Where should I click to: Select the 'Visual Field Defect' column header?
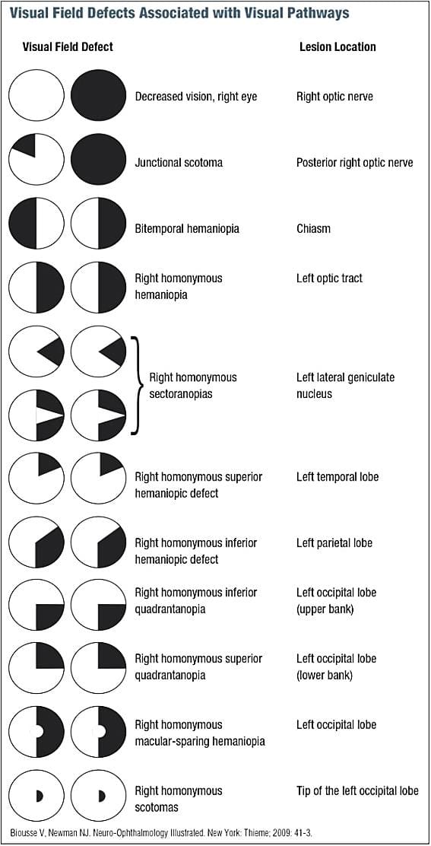[67, 46]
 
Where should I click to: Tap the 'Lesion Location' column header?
[338, 46]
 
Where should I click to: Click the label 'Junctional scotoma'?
[179, 163]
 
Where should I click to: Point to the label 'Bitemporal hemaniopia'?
[187, 229]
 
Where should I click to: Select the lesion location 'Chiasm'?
[313, 229]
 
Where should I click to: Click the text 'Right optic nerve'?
[334, 97]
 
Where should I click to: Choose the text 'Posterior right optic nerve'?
[354, 163]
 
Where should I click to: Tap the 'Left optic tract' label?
[329, 278]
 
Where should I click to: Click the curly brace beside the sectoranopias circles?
[136, 385]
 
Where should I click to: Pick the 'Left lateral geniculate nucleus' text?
[345, 386]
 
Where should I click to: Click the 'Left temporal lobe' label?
[338, 477]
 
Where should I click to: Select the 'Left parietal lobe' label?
[334, 543]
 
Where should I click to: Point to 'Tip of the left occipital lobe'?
[357, 791]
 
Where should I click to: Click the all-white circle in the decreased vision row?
[36, 97]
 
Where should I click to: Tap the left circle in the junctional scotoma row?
[36, 163]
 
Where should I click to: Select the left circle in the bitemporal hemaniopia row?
[36, 228]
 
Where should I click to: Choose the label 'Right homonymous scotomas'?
[179, 799]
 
